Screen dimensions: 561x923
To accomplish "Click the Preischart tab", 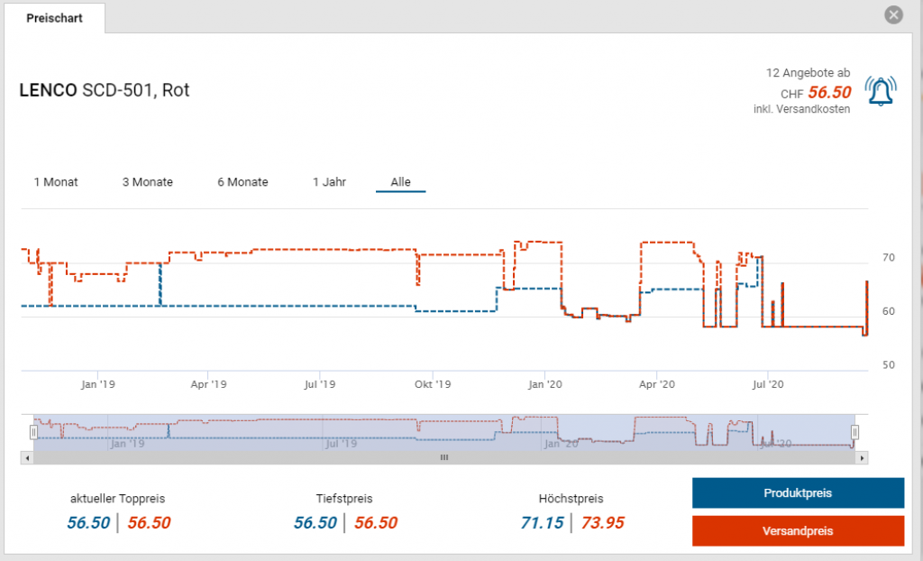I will point(54,18).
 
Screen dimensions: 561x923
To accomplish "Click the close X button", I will point(893,15).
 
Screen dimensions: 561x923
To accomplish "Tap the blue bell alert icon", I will point(880,90).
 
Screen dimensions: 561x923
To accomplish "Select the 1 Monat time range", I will point(56,182).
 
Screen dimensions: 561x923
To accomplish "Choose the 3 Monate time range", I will point(148,182).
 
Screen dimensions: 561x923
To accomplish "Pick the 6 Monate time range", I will point(242,182).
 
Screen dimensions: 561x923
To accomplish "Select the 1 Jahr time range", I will point(329,182).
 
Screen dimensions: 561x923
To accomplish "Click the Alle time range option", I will point(400,182).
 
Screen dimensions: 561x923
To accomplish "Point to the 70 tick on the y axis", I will point(888,258).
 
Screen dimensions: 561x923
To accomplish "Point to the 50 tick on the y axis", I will point(888,365).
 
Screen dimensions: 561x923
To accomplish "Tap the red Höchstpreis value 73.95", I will point(602,523).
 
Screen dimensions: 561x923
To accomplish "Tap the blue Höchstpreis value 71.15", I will point(543,523).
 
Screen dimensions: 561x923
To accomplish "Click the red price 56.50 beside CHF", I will point(829,93).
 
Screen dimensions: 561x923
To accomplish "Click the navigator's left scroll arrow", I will point(27,458).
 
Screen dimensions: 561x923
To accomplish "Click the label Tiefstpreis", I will point(344,499).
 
